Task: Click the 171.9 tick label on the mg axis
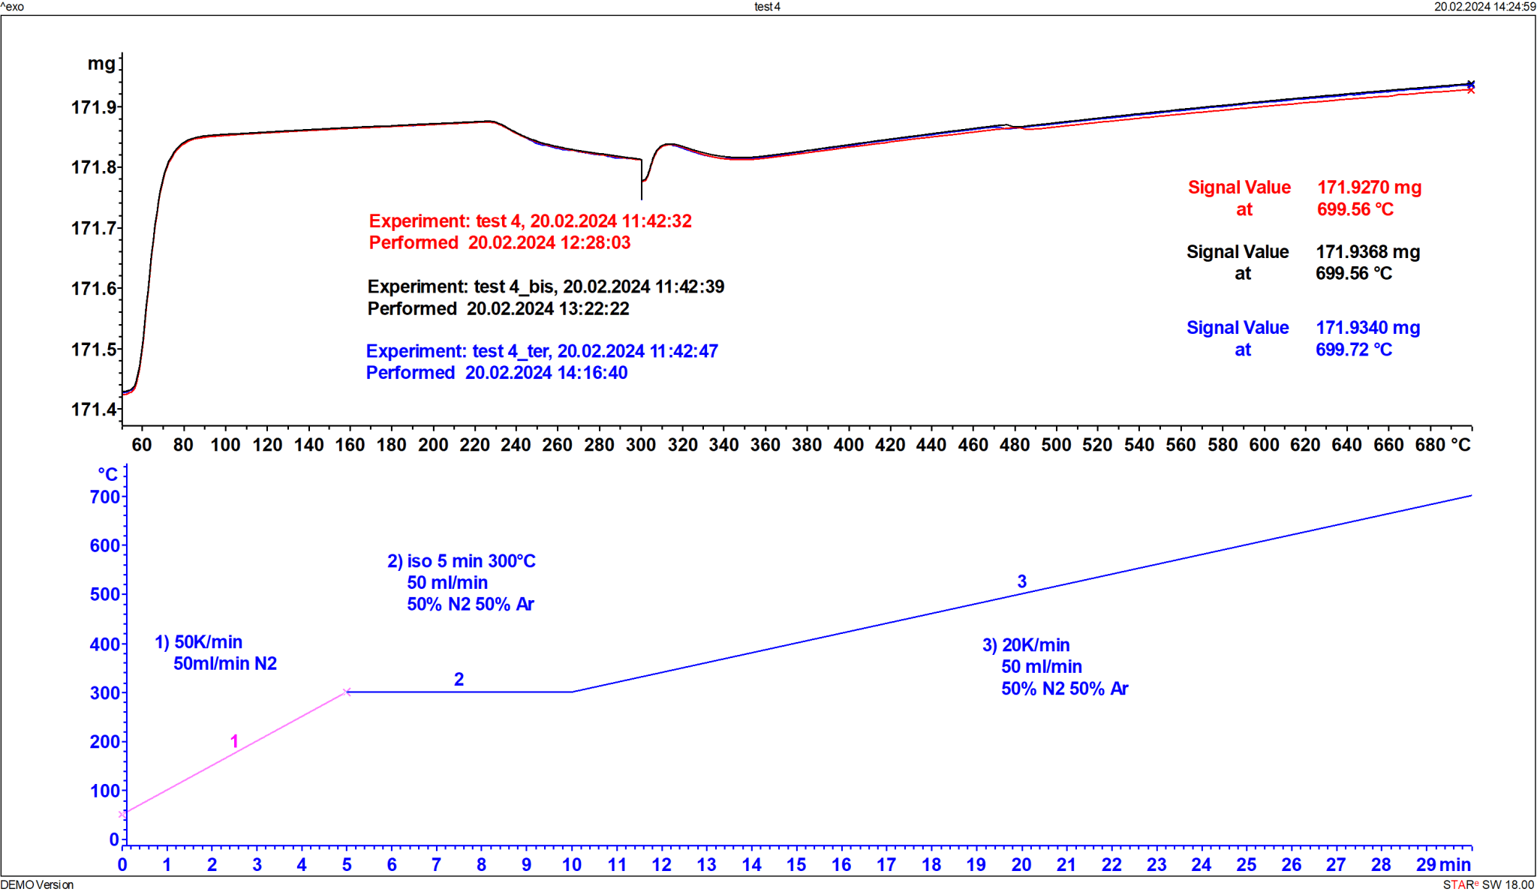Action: pos(94,107)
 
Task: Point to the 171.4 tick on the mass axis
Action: pos(94,410)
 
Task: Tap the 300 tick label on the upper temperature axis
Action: pos(641,445)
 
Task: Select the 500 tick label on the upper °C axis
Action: pos(1056,445)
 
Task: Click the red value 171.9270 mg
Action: pos(1369,188)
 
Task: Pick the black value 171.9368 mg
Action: pos(1367,252)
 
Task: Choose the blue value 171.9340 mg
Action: pos(1367,328)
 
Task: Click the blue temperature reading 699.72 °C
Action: pos(1354,350)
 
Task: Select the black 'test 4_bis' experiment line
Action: pos(546,287)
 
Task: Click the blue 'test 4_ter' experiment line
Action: pos(542,351)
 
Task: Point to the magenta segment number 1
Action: pos(234,742)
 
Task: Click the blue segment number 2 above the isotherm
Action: pos(459,680)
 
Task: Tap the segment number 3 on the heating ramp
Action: pos(1021,581)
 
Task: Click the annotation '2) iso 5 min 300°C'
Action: pos(461,561)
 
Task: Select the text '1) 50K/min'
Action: pos(198,642)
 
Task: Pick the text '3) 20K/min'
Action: pos(1026,645)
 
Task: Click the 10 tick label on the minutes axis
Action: pos(572,865)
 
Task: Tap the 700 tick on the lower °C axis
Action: pos(105,497)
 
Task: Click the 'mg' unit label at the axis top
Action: pos(101,64)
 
